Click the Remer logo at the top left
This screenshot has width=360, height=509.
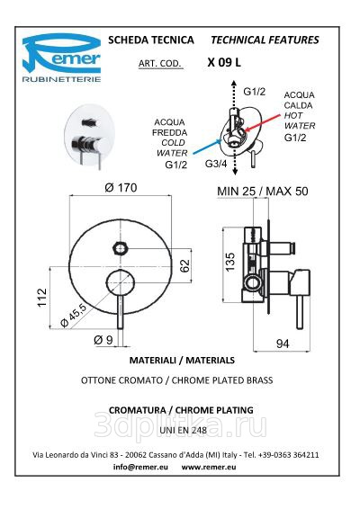click(61, 58)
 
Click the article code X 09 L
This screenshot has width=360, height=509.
click(224, 62)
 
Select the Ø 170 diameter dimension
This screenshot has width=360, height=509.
click(121, 188)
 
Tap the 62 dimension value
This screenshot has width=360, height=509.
click(184, 266)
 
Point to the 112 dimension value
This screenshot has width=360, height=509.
click(42, 298)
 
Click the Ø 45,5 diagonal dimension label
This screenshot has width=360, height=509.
click(74, 316)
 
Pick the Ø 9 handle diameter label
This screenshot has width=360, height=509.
click(103, 340)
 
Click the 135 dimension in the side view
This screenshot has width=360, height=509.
click(229, 263)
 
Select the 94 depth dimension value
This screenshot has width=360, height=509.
click(283, 344)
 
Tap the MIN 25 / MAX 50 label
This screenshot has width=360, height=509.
click(263, 192)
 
